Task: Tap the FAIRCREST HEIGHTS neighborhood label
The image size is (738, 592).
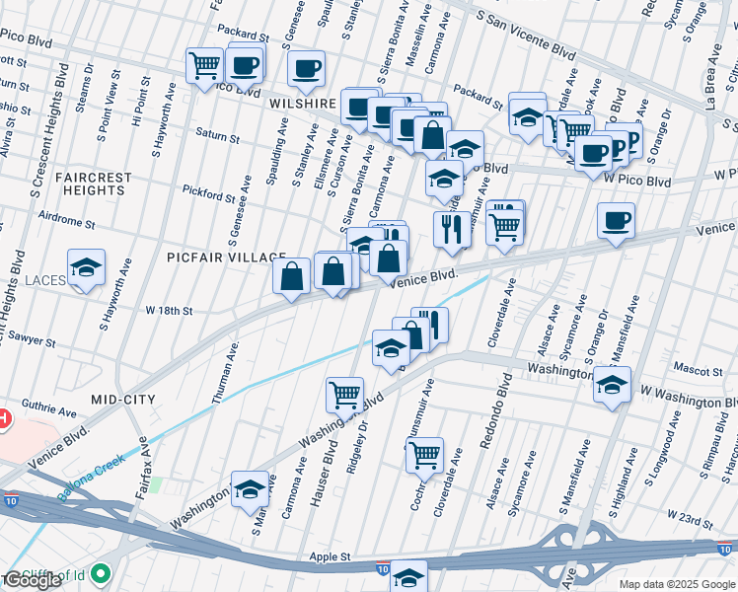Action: (x=94, y=185)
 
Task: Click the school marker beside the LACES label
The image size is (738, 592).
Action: (x=87, y=267)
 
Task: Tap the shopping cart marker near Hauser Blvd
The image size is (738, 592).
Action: (x=344, y=395)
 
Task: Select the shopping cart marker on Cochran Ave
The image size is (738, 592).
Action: (x=424, y=456)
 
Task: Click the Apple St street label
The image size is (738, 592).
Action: (x=332, y=556)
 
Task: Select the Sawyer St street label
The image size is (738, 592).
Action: (x=33, y=339)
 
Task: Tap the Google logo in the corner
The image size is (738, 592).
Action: (x=33, y=580)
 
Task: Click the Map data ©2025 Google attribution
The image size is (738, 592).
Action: (x=677, y=584)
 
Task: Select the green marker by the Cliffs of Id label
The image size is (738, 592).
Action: (x=102, y=572)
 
